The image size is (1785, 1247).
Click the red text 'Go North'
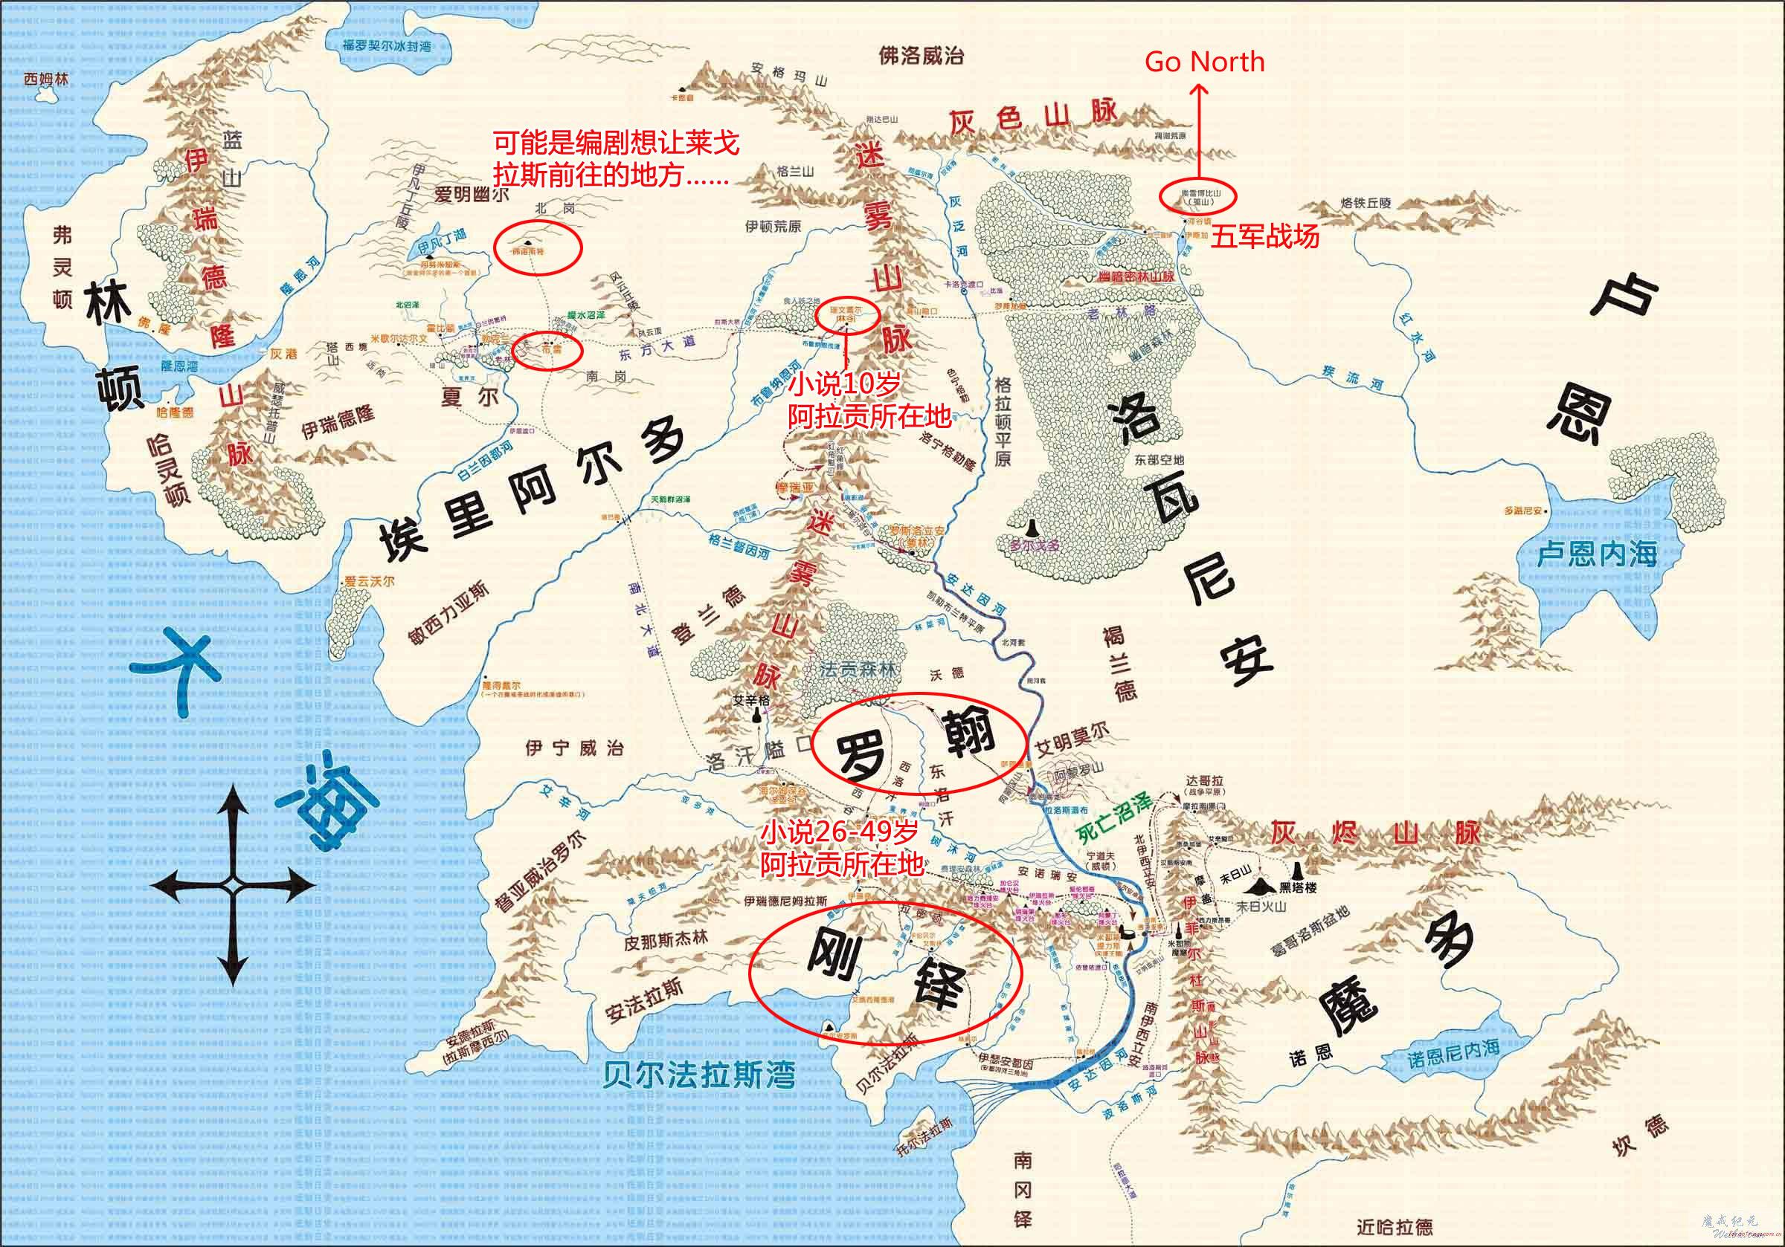click(1204, 62)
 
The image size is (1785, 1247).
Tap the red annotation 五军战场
click(1266, 236)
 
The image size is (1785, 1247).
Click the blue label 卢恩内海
click(1596, 554)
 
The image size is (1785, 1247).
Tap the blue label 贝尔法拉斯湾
click(698, 1076)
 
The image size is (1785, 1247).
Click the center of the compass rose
click(233, 885)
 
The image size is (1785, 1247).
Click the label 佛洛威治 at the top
click(922, 55)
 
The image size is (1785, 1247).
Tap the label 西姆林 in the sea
click(46, 80)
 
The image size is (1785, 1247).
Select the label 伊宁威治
click(573, 748)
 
